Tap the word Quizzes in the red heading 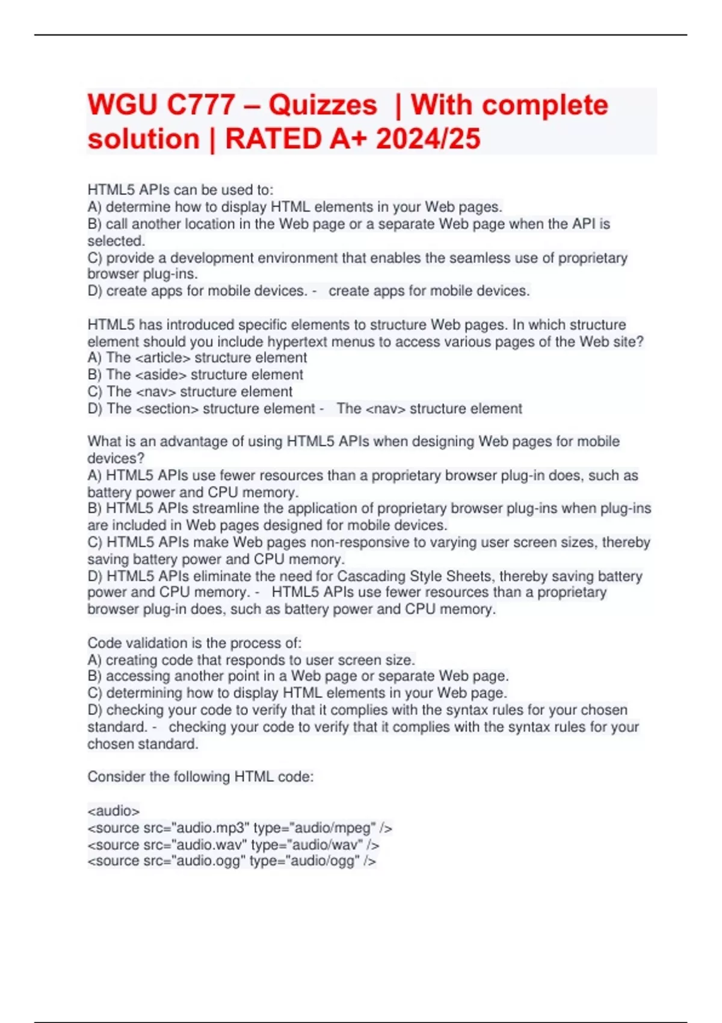322,105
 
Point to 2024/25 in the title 428,140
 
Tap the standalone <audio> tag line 114,811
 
